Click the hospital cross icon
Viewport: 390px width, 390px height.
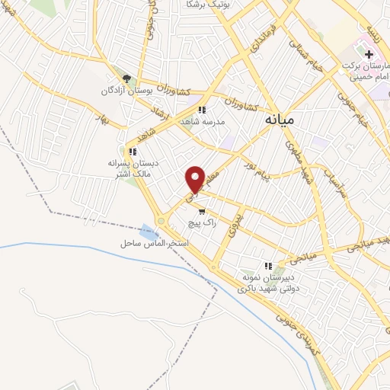(x=369, y=55)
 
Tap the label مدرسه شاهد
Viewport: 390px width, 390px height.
(x=201, y=122)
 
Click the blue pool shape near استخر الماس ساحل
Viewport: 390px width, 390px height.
(x=147, y=230)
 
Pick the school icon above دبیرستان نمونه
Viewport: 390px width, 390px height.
(x=267, y=266)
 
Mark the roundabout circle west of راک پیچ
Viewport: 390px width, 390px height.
(x=161, y=222)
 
